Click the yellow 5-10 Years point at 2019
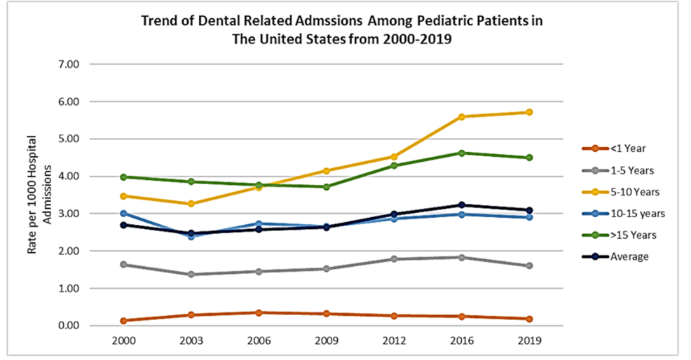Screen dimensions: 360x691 529,112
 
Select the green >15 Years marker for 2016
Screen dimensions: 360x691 461,153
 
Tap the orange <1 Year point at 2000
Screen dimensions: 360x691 123,321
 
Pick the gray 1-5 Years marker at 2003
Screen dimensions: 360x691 191,274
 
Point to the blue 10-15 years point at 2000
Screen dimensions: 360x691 123,214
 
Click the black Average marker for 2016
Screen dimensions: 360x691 461,205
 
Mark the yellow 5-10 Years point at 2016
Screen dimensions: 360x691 461,116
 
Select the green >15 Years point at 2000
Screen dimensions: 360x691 123,176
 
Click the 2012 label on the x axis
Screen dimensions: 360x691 394,340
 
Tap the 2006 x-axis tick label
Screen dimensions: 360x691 259,340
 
